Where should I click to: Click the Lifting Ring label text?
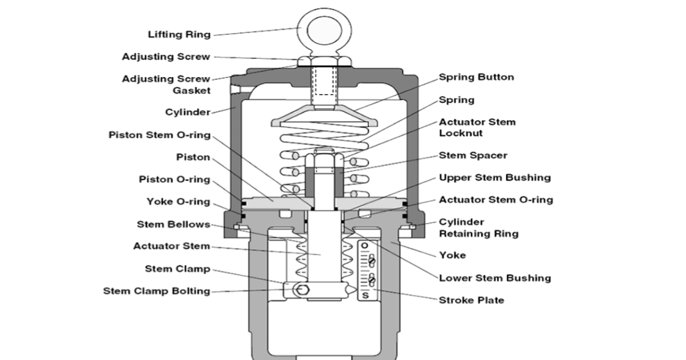coord(179,35)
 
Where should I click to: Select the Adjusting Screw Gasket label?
coord(166,85)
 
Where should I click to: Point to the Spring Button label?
coord(476,77)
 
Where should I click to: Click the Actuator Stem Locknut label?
coord(477,127)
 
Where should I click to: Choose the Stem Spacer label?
coord(473,155)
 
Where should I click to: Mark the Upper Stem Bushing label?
coord(494,178)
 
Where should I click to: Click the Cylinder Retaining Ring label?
coord(478,227)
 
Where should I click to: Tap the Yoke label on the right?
coord(452,255)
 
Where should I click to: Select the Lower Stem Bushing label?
coord(494,278)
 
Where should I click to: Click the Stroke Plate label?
coord(471,300)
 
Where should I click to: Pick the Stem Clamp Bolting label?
coord(157,291)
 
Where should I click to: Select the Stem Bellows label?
coord(173,224)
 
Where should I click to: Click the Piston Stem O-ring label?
coord(159,135)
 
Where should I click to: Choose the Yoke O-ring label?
coord(178,202)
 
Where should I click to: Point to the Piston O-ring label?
coord(174,179)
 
